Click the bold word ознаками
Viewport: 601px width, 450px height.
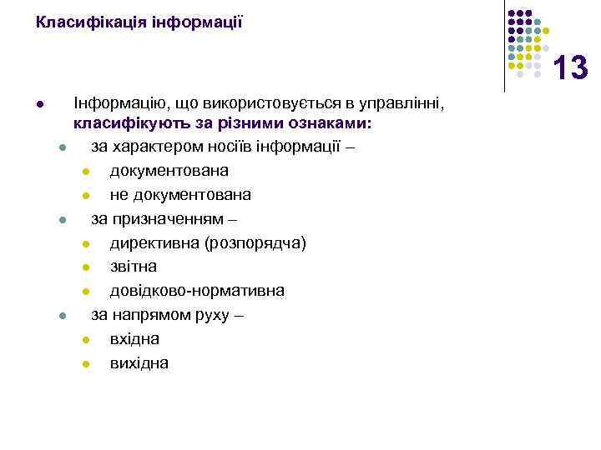coord(331,123)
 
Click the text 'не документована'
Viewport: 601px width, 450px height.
coord(180,195)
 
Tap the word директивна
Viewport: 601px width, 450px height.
coord(148,243)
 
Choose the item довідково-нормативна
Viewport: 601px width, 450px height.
coord(197,291)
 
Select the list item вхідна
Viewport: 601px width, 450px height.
coord(134,339)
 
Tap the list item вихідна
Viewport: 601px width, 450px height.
coord(139,362)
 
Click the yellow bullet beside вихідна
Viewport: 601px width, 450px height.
coord(86,363)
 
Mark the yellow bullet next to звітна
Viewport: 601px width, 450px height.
coord(86,267)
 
